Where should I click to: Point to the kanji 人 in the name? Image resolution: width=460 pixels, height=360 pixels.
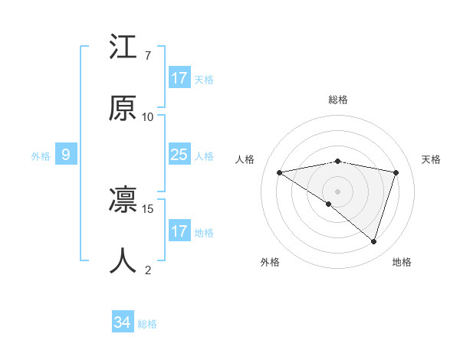coord(123,260)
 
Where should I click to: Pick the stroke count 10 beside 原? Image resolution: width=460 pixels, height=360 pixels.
coord(148,116)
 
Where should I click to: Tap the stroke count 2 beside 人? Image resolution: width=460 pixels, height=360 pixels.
coord(147,270)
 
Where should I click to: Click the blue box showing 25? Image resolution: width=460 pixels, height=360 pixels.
coord(179,155)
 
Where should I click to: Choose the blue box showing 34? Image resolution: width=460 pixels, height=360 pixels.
coord(122,322)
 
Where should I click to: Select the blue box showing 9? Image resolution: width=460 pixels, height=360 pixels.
coord(66,155)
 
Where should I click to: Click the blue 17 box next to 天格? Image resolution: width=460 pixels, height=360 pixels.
coord(179,78)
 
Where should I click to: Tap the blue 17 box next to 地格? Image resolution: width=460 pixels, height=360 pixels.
coord(179,231)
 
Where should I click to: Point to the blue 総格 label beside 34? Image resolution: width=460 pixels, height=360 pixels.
coord(147,324)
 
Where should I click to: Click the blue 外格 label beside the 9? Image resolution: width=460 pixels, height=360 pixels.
coord(41,156)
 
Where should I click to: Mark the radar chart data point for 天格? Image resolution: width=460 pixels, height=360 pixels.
coord(396,172)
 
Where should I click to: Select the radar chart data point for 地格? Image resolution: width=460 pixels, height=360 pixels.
coord(373,241)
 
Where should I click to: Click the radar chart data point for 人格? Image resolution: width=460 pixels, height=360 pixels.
coord(280,172)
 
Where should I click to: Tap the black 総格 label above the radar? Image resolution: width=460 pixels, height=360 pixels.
coord(337,100)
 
